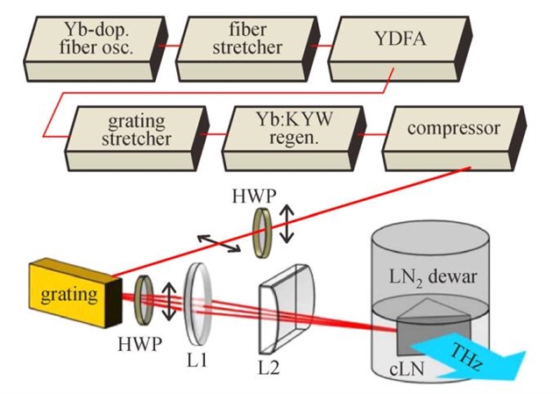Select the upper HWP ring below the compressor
point(262,233)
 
